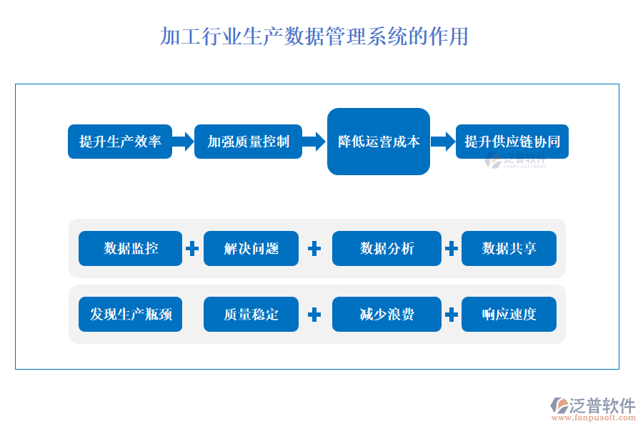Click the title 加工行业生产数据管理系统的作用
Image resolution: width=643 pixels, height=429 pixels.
(314, 36)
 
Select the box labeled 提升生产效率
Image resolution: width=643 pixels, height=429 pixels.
(120, 142)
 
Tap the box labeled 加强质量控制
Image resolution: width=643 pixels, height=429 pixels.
(249, 142)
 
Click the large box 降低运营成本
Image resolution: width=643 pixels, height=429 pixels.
(379, 142)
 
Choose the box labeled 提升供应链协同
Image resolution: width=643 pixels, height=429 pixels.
(512, 142)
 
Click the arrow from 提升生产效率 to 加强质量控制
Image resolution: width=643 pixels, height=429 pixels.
(184, 142)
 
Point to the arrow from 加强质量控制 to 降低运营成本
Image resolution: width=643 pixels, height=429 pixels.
(314, 142)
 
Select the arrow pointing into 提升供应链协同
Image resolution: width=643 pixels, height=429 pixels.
(443, 142)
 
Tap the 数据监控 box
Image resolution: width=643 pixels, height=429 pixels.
(130, 249)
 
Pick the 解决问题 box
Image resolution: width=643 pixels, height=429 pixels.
(251, 249)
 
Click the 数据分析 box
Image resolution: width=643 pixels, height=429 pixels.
(387, 249)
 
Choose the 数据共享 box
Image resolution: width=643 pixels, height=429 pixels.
(509, 249)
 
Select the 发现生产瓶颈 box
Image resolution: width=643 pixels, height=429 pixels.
(130, 315)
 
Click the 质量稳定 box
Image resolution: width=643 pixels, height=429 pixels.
(251, 315)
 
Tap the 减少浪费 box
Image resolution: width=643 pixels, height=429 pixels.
(387, 315)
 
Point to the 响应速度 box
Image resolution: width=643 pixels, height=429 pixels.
(509, 315)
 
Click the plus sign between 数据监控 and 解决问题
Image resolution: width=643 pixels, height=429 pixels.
(192, 249)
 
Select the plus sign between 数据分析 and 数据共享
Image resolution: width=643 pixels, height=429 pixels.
(452, 249)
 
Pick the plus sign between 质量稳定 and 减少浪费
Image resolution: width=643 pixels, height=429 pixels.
(314, 315)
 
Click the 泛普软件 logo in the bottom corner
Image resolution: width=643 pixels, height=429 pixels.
(593, 408)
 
